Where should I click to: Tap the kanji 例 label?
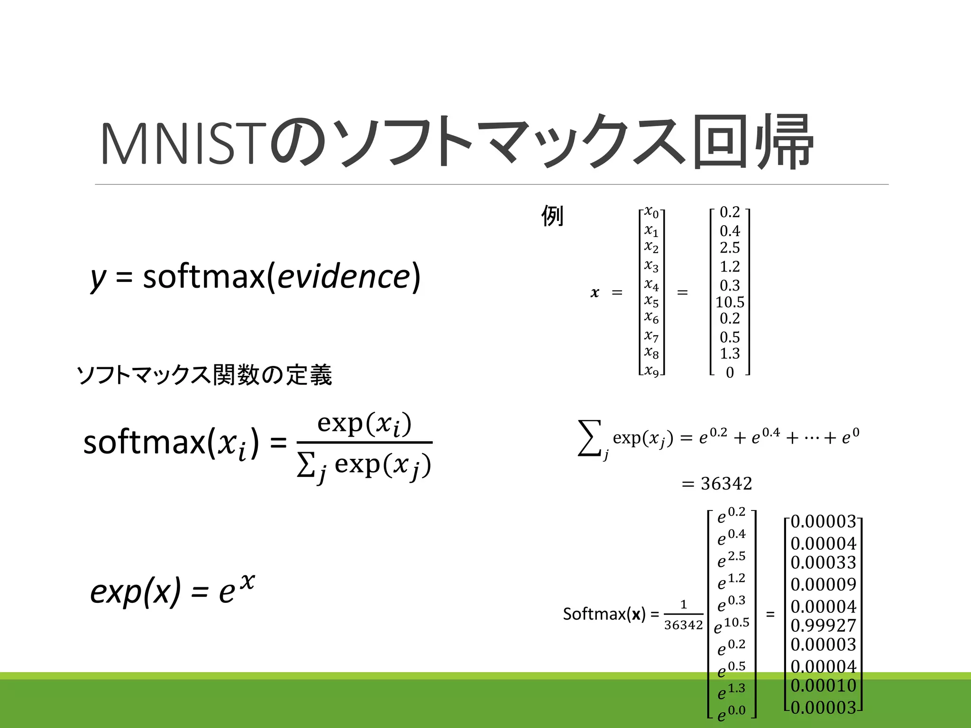(552, 216)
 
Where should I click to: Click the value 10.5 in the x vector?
(730, 302)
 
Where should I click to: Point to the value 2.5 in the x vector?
(730, 247)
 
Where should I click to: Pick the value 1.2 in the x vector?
(730, 266)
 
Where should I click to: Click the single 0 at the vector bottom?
(730, 373)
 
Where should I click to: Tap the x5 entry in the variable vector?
(651, 301)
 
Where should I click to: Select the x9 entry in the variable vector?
(651, 371)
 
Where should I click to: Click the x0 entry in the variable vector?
(651, 212)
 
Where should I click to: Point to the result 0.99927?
(824, 626)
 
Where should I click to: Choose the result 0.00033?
(824, 563)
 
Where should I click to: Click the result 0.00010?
(824, 685)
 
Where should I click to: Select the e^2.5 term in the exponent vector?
(732, 559)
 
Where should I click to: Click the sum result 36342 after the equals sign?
(726, 484)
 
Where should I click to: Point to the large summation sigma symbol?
(590, 438)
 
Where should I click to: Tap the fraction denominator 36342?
(683, 625)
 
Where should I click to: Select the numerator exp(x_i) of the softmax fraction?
(364, 423)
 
